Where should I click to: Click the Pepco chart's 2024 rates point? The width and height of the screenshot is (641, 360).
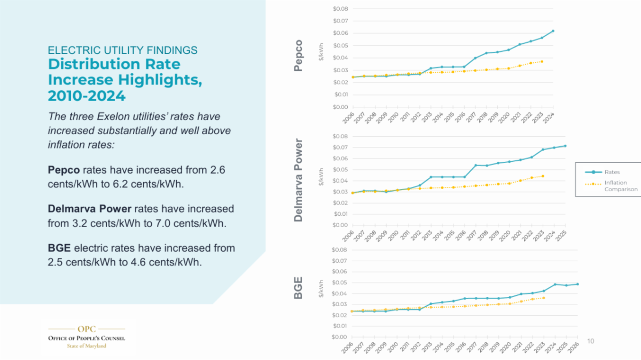point(553,31)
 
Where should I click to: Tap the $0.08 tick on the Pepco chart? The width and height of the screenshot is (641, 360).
point(340,9)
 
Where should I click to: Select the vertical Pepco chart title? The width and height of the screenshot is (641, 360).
point(299,56)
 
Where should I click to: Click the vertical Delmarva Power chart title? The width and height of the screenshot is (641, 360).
point(299,181)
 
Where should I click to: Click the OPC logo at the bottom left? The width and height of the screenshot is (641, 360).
point(87,335)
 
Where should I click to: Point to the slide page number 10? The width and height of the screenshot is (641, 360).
point(590,341)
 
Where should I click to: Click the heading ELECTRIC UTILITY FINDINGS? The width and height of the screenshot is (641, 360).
point(122,50)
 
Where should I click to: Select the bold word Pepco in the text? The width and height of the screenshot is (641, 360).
point(64,169)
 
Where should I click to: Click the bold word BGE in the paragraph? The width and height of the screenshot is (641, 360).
point(59,248)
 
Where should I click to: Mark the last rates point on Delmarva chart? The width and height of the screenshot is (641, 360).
point(565,146)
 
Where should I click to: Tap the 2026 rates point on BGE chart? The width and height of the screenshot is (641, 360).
point(577,284)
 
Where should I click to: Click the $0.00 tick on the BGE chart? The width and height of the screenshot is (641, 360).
point(340,337)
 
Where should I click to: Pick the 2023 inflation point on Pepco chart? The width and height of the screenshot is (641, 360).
point(542,61)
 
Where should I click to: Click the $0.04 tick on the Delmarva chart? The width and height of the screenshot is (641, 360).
point(340,181)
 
